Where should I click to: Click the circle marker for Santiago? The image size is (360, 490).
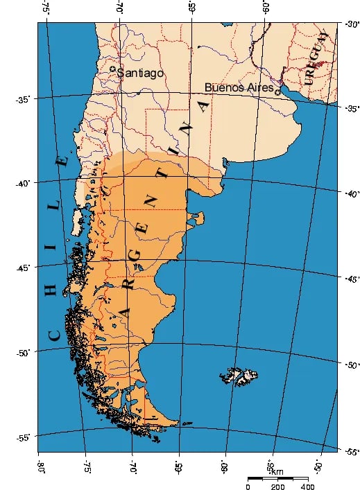113,69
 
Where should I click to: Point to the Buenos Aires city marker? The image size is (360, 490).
277,91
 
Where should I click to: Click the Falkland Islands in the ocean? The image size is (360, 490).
243,376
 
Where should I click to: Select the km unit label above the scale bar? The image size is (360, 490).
277,472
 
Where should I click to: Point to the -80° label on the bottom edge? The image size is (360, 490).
40,463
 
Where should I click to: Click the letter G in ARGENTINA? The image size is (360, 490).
135,256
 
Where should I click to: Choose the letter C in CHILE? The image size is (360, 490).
54,335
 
